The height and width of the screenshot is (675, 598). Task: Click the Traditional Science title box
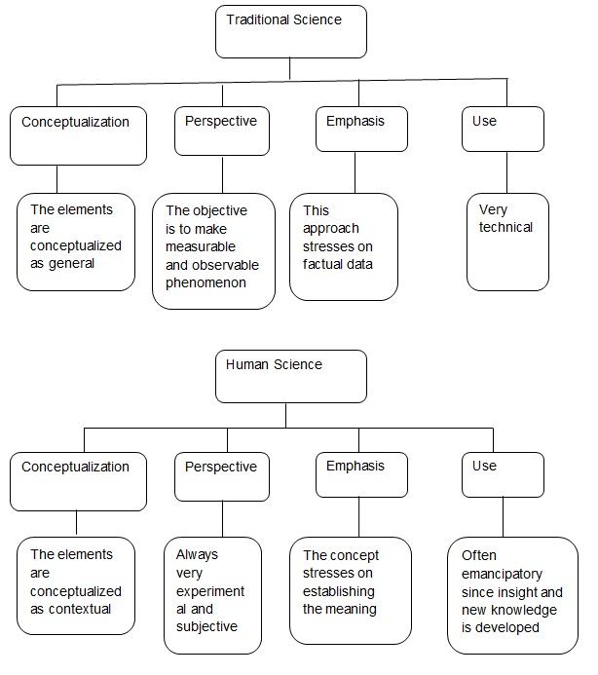click(x=290, y=31)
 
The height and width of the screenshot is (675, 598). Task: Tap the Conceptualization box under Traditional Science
click(x=78, y=135)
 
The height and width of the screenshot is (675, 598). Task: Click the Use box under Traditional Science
click(x=503, y=129)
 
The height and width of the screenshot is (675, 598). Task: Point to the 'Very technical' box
click(x=507, y=242)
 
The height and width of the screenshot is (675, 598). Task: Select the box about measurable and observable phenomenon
click(x=213, y=251)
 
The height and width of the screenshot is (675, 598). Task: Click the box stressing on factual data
click(x=344, y=246)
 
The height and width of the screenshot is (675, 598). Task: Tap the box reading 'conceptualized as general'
click(x=75, y=242)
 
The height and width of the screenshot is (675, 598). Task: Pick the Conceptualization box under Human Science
click(x=78, y=481)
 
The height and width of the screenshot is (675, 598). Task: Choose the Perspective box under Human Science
click(x=222, y=476)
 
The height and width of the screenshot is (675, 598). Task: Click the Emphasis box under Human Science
click(x=361, y=474)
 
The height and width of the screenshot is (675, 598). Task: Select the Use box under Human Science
click(x=503, y=474)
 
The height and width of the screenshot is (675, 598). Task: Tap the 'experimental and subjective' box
click(x=212, y=594)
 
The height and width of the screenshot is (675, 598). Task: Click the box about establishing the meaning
click(x=344, y=590)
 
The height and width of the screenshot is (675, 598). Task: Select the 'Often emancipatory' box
click(x=512, y=594)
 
